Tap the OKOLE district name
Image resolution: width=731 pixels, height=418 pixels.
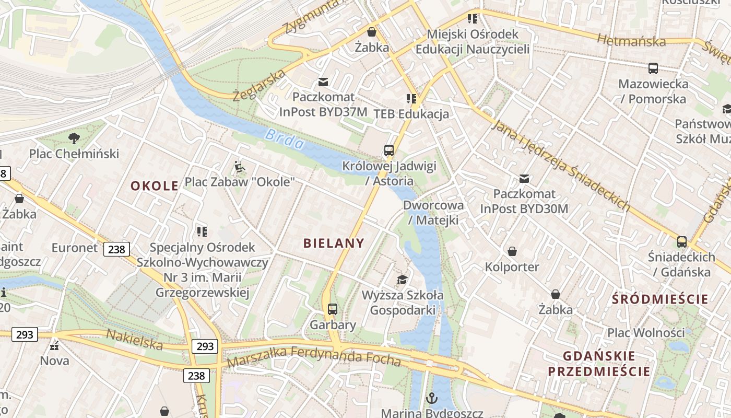click(154, 185)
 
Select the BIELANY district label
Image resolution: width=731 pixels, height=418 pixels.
click(334, 242)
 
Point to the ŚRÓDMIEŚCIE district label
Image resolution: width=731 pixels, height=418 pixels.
click(661, 299)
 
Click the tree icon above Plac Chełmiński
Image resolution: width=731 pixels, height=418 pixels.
click(74, 138)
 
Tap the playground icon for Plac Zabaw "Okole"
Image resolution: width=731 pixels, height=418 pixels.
click(239, 167)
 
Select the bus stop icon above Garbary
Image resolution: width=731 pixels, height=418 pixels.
click(333, 309)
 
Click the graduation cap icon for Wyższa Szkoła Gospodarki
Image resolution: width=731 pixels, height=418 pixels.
click(402, 280)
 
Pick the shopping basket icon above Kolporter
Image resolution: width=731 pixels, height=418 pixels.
click(512, 251)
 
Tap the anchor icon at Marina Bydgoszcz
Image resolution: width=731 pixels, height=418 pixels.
click(431, 398)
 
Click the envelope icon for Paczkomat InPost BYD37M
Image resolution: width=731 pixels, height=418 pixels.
click(323, 82)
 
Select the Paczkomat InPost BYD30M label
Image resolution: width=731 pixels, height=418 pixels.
click(524, 201)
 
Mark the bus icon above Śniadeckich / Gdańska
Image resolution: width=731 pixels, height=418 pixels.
click(682, 241)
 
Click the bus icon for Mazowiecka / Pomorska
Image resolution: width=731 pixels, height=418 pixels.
click(653, 68)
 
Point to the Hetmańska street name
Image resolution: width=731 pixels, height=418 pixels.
click(631, 40)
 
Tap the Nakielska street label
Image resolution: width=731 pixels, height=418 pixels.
click(135, 340)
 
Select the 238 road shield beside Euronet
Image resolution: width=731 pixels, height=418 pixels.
click(116, 249)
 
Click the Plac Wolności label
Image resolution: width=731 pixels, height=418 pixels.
click(645, 332)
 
